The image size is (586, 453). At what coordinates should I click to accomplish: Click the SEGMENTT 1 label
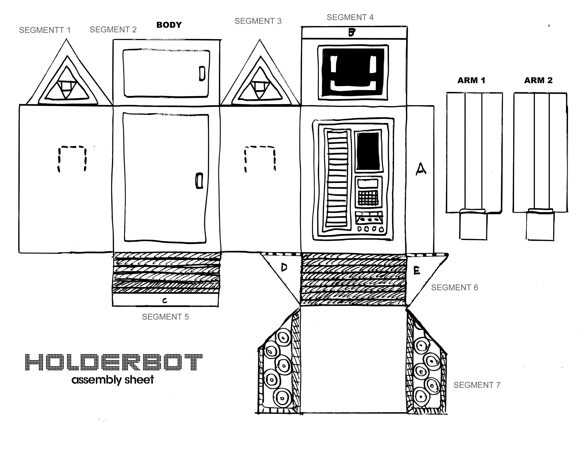[45, 30]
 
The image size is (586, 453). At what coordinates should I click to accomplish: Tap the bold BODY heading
[169, 25]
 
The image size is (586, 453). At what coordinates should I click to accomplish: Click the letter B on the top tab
[352, 33]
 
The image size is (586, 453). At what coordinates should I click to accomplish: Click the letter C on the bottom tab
[165, 301]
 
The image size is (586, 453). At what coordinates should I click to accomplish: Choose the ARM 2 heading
[538, 80]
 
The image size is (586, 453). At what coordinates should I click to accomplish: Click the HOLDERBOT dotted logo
[114, 362]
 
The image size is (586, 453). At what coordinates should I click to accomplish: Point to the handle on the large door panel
[199, 181]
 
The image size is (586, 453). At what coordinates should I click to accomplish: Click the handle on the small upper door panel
[202, 74]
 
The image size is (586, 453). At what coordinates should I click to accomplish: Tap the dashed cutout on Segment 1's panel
[72, 158]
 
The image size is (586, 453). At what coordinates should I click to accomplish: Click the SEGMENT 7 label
[477, 385]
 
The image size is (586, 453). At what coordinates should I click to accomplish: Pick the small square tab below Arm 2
[540, 226]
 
